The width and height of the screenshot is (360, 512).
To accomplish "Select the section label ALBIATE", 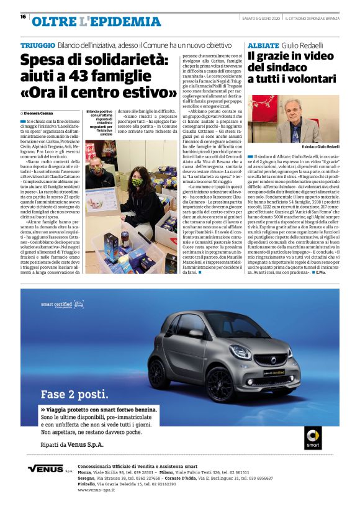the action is coord(261,46).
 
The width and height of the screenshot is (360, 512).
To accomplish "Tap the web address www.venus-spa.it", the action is coord(101,490).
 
